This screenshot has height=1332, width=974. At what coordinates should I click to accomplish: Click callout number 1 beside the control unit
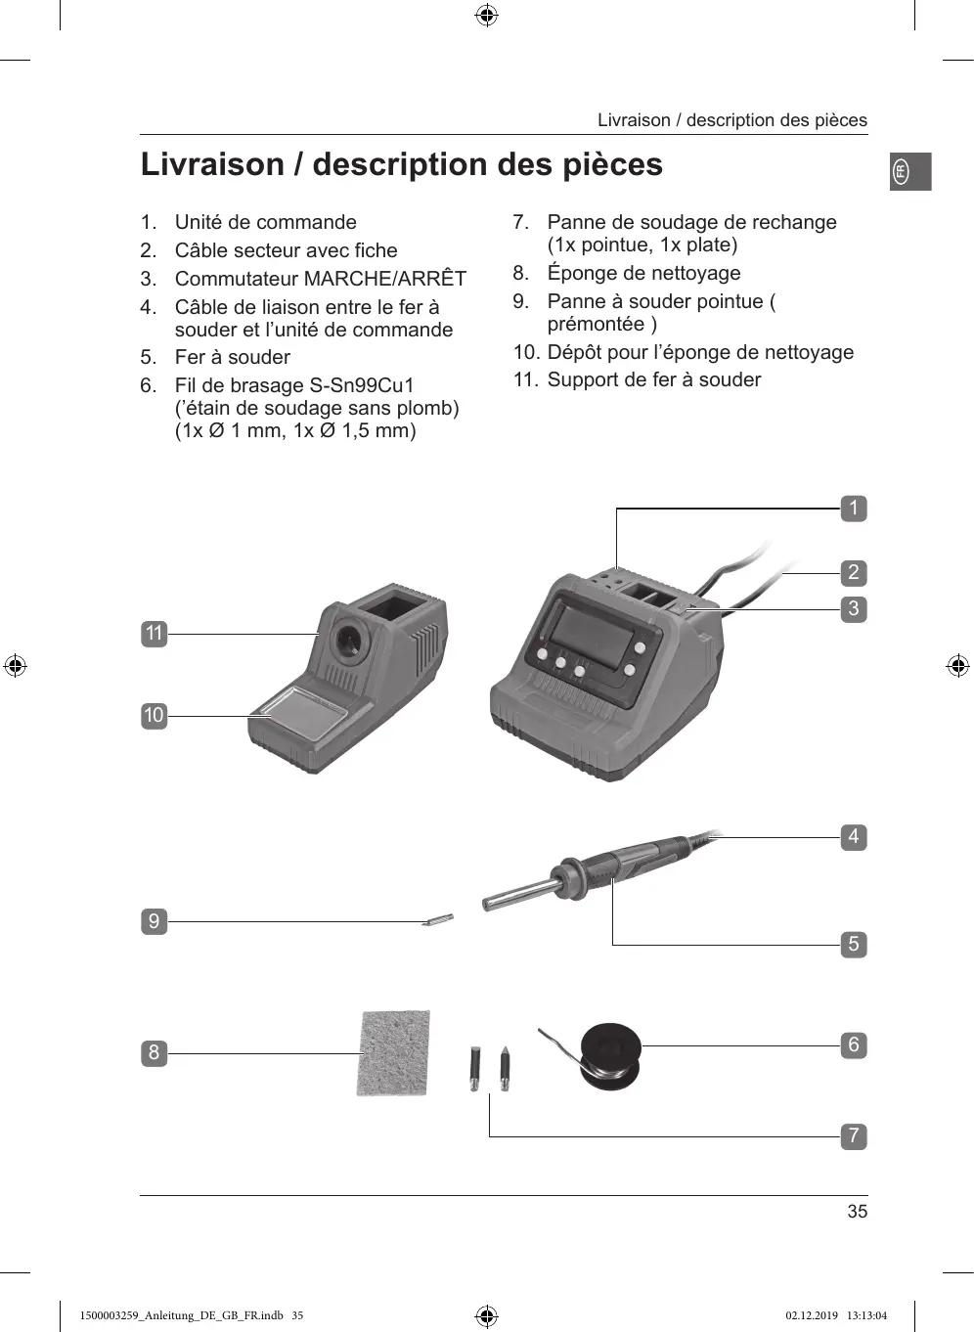point(853,509)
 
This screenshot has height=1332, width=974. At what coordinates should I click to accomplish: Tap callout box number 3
point(853,609)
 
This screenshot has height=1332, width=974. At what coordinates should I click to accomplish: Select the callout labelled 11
point(154,634)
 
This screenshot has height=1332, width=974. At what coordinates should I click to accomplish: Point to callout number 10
point(154,716)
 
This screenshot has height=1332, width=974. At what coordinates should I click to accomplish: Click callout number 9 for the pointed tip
point(154,921)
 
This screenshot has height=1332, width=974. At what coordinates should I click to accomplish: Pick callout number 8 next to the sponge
point(154,1053)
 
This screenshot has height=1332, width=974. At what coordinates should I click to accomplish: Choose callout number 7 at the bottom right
point(853,1136)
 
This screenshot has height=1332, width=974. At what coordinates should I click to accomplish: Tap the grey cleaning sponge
point(394,1053)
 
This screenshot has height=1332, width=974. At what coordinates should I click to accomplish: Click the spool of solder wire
point(610,1055)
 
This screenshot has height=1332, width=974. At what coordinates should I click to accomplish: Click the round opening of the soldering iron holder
point(347,642)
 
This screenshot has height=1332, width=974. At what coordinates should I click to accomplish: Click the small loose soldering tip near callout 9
point(438,919)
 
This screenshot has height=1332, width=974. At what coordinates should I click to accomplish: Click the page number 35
point(857,1212)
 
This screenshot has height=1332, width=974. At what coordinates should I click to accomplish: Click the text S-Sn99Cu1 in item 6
point(362,385)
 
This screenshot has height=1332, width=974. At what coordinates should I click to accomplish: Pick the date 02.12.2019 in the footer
point(812,1315)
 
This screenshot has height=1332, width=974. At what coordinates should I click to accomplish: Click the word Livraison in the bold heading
point(211,164)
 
